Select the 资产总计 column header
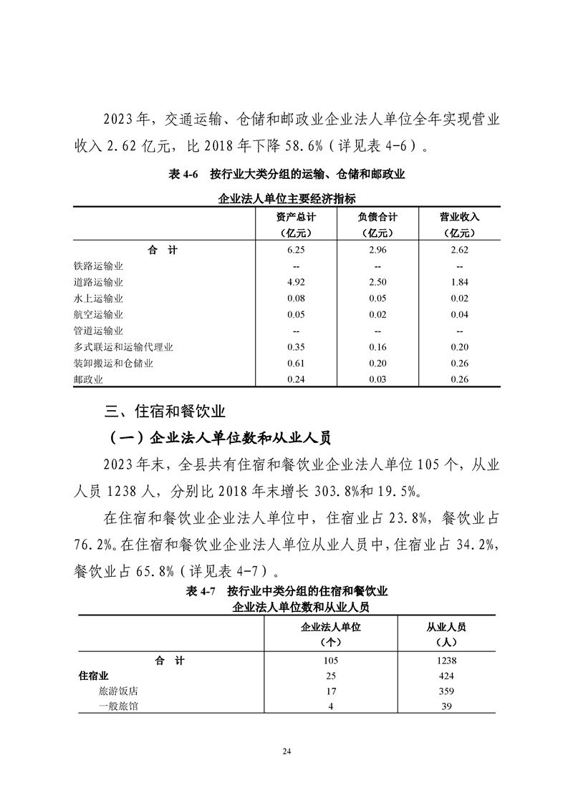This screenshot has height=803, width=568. (296, 217)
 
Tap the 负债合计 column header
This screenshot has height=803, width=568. (377, 217)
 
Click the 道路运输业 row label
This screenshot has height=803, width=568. (98, 282)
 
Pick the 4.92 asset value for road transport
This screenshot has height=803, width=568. (296, 282)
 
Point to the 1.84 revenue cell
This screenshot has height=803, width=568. (459, 282)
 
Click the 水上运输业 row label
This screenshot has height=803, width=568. (98, 298)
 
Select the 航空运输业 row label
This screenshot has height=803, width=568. (98, 314)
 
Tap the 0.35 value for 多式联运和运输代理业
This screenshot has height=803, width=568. (296, 347)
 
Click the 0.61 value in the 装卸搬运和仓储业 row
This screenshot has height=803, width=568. (296, 364)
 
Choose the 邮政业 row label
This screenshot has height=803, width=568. (88, 379)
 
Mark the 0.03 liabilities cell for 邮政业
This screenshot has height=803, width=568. (377, 379)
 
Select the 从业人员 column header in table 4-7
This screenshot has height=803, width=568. (446, 626)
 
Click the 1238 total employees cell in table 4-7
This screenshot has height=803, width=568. (446, 661)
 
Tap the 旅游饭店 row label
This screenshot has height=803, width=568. (118, 691)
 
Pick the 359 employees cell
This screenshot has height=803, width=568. (446, 691)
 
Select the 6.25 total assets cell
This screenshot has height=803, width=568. (296, 250)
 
